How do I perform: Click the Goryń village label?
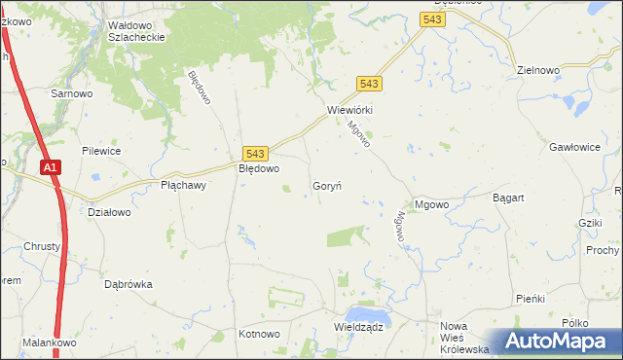[326, 185]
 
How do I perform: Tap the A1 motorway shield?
[52, 168]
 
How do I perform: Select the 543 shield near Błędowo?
[255, 154]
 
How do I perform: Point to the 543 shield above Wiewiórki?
[369, 84]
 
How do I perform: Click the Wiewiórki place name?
[350, 110]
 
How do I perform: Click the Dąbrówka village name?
[128, 284]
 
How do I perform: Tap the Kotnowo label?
[259, 334]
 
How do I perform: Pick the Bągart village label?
[508, 198]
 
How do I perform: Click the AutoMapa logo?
[559, 342]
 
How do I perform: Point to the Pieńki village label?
[531, 298]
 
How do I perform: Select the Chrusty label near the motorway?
[42, 246]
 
